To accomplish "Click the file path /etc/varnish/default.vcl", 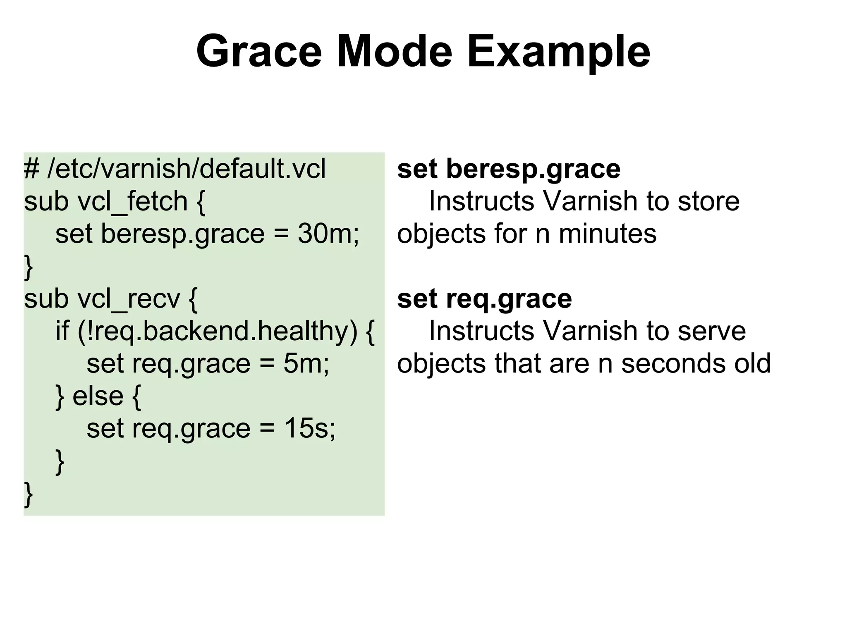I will click(187, 169).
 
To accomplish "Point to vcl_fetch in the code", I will click(133, 201).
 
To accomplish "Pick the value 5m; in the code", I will click(306, 363).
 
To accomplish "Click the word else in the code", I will click(98, 396).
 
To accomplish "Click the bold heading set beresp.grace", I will click(509, 169).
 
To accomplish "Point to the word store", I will click(708, 201).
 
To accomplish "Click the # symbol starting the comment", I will click(31, 169).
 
